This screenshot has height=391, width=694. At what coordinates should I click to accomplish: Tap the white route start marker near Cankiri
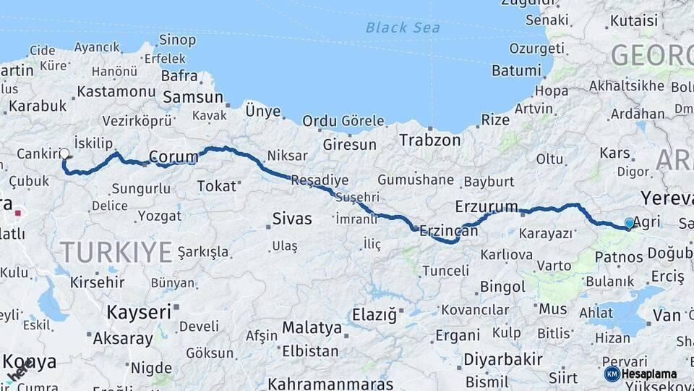65,154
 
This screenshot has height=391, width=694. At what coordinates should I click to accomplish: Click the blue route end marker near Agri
629,223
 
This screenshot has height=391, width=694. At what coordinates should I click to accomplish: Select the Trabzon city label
430,140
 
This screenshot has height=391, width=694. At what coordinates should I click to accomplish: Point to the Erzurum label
487,207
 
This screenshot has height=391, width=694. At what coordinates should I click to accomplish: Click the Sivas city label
292,218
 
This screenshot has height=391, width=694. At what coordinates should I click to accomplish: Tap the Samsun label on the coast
193,97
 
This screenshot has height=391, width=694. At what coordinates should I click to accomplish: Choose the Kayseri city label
139,312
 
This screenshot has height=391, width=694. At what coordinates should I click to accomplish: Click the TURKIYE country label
116,252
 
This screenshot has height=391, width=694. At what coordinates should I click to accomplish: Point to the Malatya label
312,327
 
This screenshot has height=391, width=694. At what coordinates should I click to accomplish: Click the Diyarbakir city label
502,360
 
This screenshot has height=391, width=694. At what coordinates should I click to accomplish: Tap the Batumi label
515,71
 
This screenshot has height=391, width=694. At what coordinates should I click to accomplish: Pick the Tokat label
217,186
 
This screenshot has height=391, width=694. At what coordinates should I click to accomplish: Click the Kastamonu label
116,91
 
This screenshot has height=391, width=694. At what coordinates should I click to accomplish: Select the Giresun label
349,145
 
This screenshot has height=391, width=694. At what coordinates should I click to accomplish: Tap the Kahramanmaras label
330,384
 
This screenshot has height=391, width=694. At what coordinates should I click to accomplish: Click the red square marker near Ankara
17,214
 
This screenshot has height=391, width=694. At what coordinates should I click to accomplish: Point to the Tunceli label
445,271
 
